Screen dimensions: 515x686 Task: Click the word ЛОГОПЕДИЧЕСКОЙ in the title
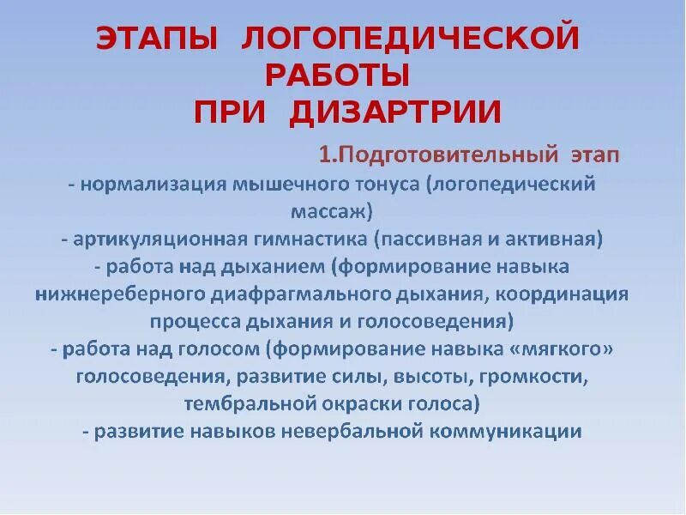[x=412, y=39]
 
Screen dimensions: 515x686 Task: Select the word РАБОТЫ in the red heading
[x=337, y=76]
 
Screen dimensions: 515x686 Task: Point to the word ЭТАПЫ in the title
[x=161, y=39]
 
